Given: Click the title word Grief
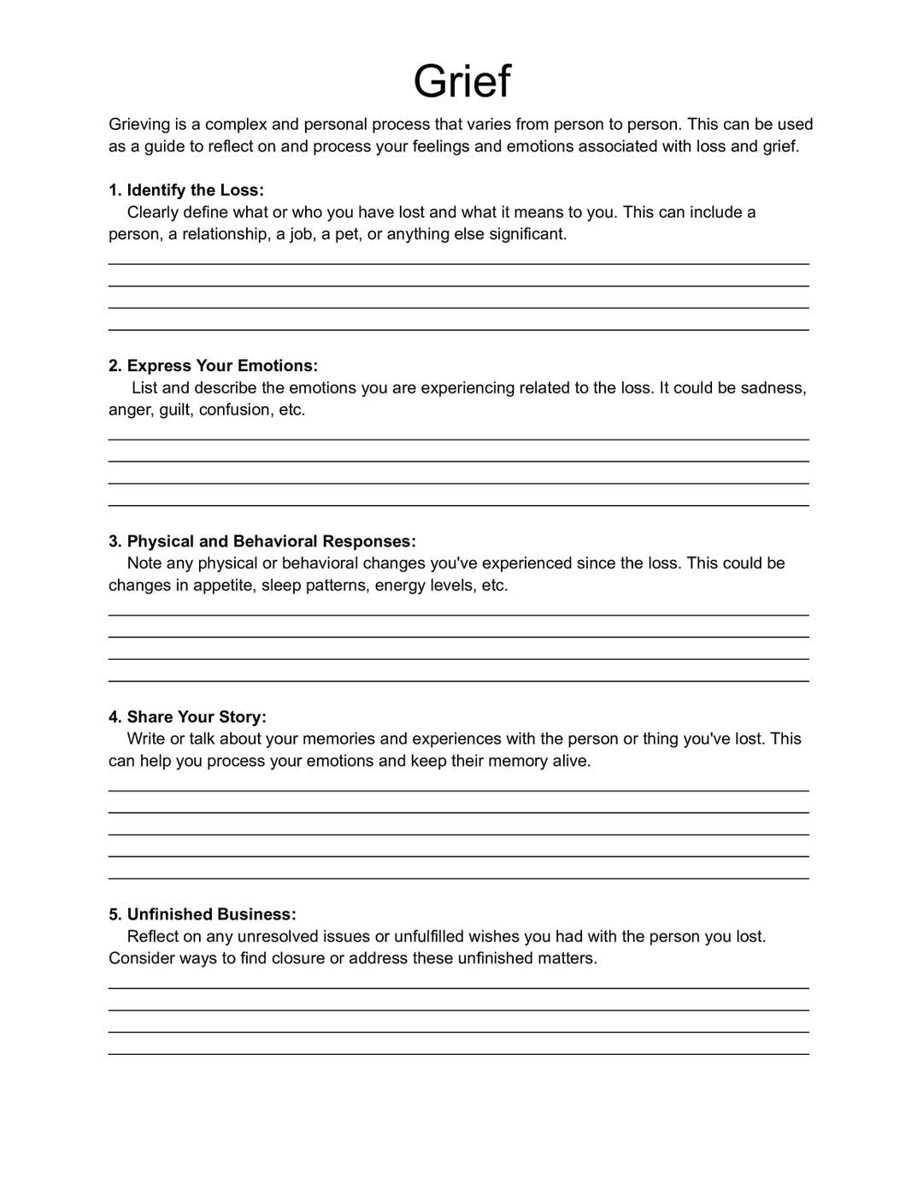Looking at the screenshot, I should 461,82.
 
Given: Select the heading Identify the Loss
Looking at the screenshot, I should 186,190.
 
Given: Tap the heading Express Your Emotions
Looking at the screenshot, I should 213,366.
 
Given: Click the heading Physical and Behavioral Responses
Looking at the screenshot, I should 262,541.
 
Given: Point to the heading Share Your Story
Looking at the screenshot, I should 187,716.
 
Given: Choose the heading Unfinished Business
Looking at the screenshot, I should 203,914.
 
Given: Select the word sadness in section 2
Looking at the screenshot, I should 772,388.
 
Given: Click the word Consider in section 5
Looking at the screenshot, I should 141,958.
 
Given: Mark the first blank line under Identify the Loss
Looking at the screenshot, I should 458,264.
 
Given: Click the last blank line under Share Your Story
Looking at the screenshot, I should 458,878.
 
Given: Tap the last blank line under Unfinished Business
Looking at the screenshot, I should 458,1054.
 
